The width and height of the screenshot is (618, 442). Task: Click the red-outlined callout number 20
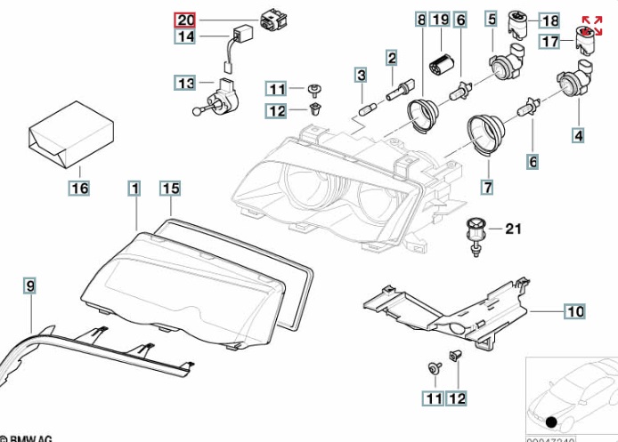(x=185, y=20)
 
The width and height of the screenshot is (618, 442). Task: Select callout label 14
(x=185, y=36)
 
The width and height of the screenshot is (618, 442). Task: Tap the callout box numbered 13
(x=185, y=84)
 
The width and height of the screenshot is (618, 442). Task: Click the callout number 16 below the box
(x=79, y=188)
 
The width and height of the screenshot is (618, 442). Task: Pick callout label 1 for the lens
(x=134, y=188)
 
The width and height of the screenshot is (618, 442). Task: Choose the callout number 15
(x=170, y=188)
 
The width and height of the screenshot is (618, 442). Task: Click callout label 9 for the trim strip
(x=29, y=285)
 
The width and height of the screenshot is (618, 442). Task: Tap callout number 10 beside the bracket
(x=574, y=311)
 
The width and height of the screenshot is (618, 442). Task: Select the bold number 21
(x=511, y=229)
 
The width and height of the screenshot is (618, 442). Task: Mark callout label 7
(x=487, y=188)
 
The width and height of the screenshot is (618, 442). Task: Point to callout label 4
(x=579, y=136)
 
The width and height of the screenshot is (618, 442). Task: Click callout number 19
(x=440, y=20)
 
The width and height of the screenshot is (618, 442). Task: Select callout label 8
(x=421, y=20)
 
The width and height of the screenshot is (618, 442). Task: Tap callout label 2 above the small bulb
(x=391, y=59)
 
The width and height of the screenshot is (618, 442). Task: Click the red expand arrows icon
(x=591, y=26)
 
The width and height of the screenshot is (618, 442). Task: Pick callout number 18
(x=549, y=20)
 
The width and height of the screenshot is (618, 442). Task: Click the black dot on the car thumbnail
(x=552, y=422)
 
